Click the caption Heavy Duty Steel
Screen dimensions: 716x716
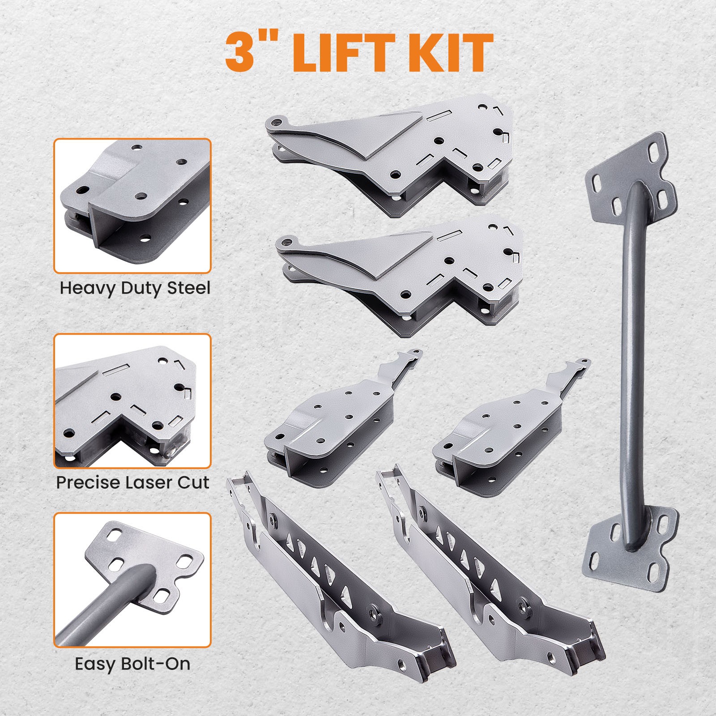pyautogui.click(x=135, y=288)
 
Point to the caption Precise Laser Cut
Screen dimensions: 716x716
pyautogui.click(x=133, y=482)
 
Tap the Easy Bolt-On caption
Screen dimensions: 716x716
pyautogui.click(x=132, y=664)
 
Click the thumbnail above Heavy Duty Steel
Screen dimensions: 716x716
pyautogui.click(x=132, y=206)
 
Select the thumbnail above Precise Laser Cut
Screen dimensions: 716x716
pyautogui.click(x=132, y=401)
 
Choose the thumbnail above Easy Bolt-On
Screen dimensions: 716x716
pyautogui.click(x=132, y=580)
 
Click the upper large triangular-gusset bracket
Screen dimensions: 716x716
pyautogui.click(x=394, y=152)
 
